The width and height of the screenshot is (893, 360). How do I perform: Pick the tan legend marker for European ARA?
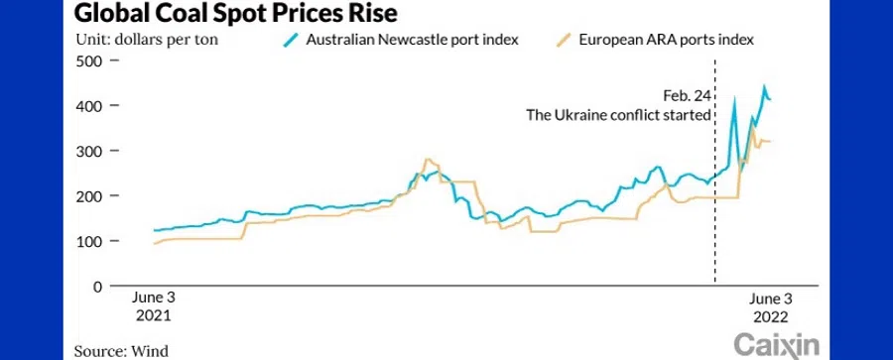pos(564,41)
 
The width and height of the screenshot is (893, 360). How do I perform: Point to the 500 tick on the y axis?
pos(90,61)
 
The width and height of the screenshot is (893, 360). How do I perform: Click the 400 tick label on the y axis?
pos(90,106)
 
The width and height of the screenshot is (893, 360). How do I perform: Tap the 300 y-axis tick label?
pos(90,151)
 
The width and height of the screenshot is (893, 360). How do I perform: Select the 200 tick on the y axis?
pos(90,196)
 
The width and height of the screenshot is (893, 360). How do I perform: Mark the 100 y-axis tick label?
pos(90,241)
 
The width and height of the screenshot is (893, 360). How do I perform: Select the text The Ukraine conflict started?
pos(617,115)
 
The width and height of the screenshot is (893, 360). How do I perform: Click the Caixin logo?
pos(776,344)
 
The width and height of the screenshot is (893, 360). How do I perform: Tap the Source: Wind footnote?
pos(121,350)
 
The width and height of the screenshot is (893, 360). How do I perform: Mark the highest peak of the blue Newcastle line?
pos(764,86)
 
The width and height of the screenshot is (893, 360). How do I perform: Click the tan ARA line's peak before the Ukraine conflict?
pos(427,159)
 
